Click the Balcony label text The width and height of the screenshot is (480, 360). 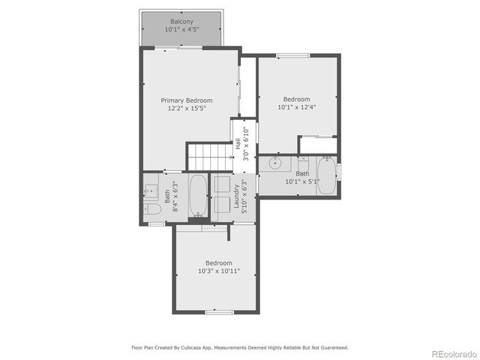pos(181,21)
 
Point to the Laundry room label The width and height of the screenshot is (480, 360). pos(237,198)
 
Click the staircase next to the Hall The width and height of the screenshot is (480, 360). pos(209,157)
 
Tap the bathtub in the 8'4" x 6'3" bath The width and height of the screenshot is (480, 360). pos(198,196)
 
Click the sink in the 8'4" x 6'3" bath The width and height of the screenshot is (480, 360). pos(151,190)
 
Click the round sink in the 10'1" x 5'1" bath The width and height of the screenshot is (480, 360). pos(276,162)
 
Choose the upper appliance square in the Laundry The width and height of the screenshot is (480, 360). pos(223,184)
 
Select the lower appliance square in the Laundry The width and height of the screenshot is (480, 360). pos(223,205)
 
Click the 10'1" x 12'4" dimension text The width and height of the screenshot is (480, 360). pos(296,107)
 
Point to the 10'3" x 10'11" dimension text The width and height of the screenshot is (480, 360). pos(218,271)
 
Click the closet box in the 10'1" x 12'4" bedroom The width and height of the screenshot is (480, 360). pos(318,145)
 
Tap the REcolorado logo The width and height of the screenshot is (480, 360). pos(452,353)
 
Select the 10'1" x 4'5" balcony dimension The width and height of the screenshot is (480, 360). pos(181,30)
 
